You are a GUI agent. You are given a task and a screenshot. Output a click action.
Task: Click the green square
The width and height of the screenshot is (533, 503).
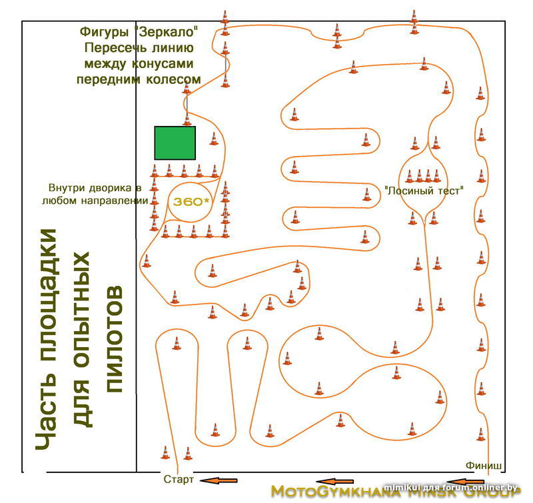pos(175,143)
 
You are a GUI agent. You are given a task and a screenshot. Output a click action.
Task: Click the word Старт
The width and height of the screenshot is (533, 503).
pos(178,479)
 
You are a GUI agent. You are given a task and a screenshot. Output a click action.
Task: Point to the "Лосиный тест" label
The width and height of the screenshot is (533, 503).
pos(424,190)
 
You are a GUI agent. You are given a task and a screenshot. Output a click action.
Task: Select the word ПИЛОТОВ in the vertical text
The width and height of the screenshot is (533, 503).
pos(115,339)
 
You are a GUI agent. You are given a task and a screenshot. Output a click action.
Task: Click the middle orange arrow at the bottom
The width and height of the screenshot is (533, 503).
pos(336,481)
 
